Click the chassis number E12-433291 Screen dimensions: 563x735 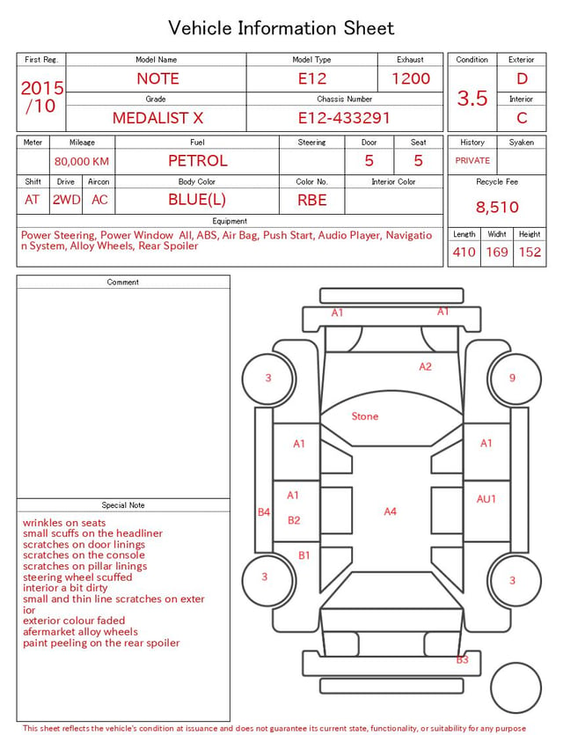pyautogui.click(x=344, y=118)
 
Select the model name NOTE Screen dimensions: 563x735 pyautogui.click(x=157, y=78)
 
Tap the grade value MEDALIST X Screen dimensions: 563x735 pyautogui.click(x=157, y=118)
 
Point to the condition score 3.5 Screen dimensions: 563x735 pyautogui.click(x=472, y=98)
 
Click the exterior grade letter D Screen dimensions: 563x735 pyautogui.click(x=522, y=78)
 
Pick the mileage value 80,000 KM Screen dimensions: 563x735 pyautogui.click(x=82, y=161)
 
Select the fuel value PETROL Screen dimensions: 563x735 pyautogui.click(x=198, y=161)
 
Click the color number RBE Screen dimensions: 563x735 pyautogui.click(x=312, y=200)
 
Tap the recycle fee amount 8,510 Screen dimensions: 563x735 pyautogui.click(x=497, y=207)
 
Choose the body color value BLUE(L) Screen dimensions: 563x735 pyautogui.click(x=197, y=200)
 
